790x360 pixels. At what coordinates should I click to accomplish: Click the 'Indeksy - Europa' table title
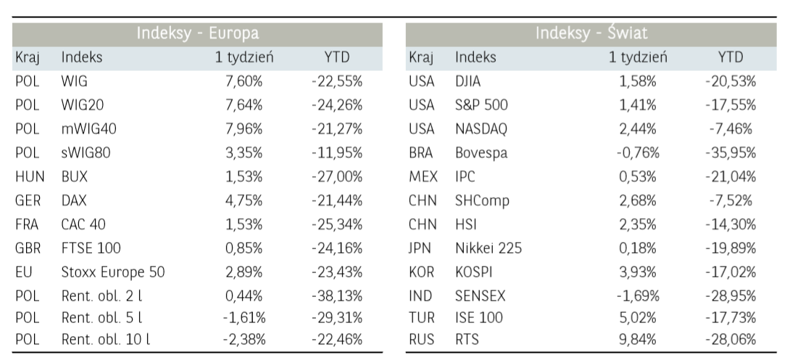pos(198,33)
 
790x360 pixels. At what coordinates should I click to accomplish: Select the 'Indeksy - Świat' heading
pos(591,33)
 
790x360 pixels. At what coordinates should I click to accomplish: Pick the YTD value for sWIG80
pos(337,152)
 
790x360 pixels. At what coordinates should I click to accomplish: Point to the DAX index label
pos(75,199)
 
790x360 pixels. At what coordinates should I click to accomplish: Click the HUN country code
pos(26,176)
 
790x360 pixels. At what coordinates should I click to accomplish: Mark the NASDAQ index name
pos(481,129)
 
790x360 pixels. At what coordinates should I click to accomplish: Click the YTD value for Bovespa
pos(731,152)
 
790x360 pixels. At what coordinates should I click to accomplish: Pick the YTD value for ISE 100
pos(731,317)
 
